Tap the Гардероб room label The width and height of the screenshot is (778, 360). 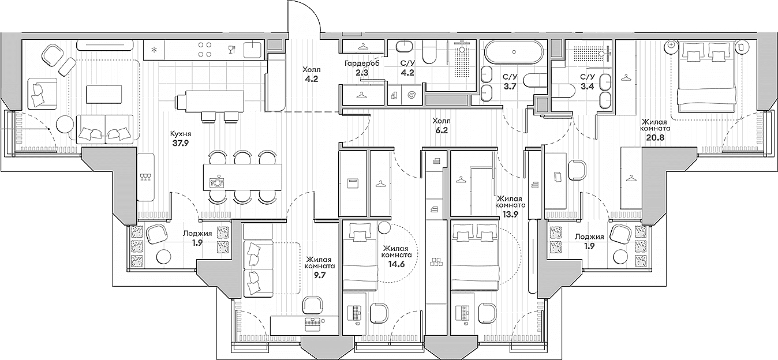pyautogui.click(x=362, y=63)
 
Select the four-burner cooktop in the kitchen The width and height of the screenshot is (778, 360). pyautogui.click(x=204, y=49)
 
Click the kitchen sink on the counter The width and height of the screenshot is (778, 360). pyautogui.click(x=254, y=50)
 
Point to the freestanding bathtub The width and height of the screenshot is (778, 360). pyautogui.click(x=514, y=52)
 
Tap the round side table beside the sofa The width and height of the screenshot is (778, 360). pyautogui.click(x=65, y=124)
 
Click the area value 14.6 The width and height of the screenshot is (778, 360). pyautogui.click(x=397, y=264)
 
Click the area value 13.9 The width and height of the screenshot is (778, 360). pyautogui.click(x=511, y=214)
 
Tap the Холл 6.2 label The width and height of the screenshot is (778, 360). pyautogui.click(x=441, y=136)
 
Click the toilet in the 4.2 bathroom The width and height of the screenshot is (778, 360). pyautogui.click(x=431, y=52)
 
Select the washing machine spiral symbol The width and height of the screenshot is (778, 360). pyautogui.click(x=412, y=95)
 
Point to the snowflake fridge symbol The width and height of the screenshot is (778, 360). pyautogui.click(x=154, y=50)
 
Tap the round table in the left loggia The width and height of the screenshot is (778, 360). pyautogui.click(x=164, y=257)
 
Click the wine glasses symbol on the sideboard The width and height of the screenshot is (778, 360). pyautogui.click(x=145, y=177)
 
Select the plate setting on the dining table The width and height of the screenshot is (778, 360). pyautogui.click(x=217, y=181)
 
